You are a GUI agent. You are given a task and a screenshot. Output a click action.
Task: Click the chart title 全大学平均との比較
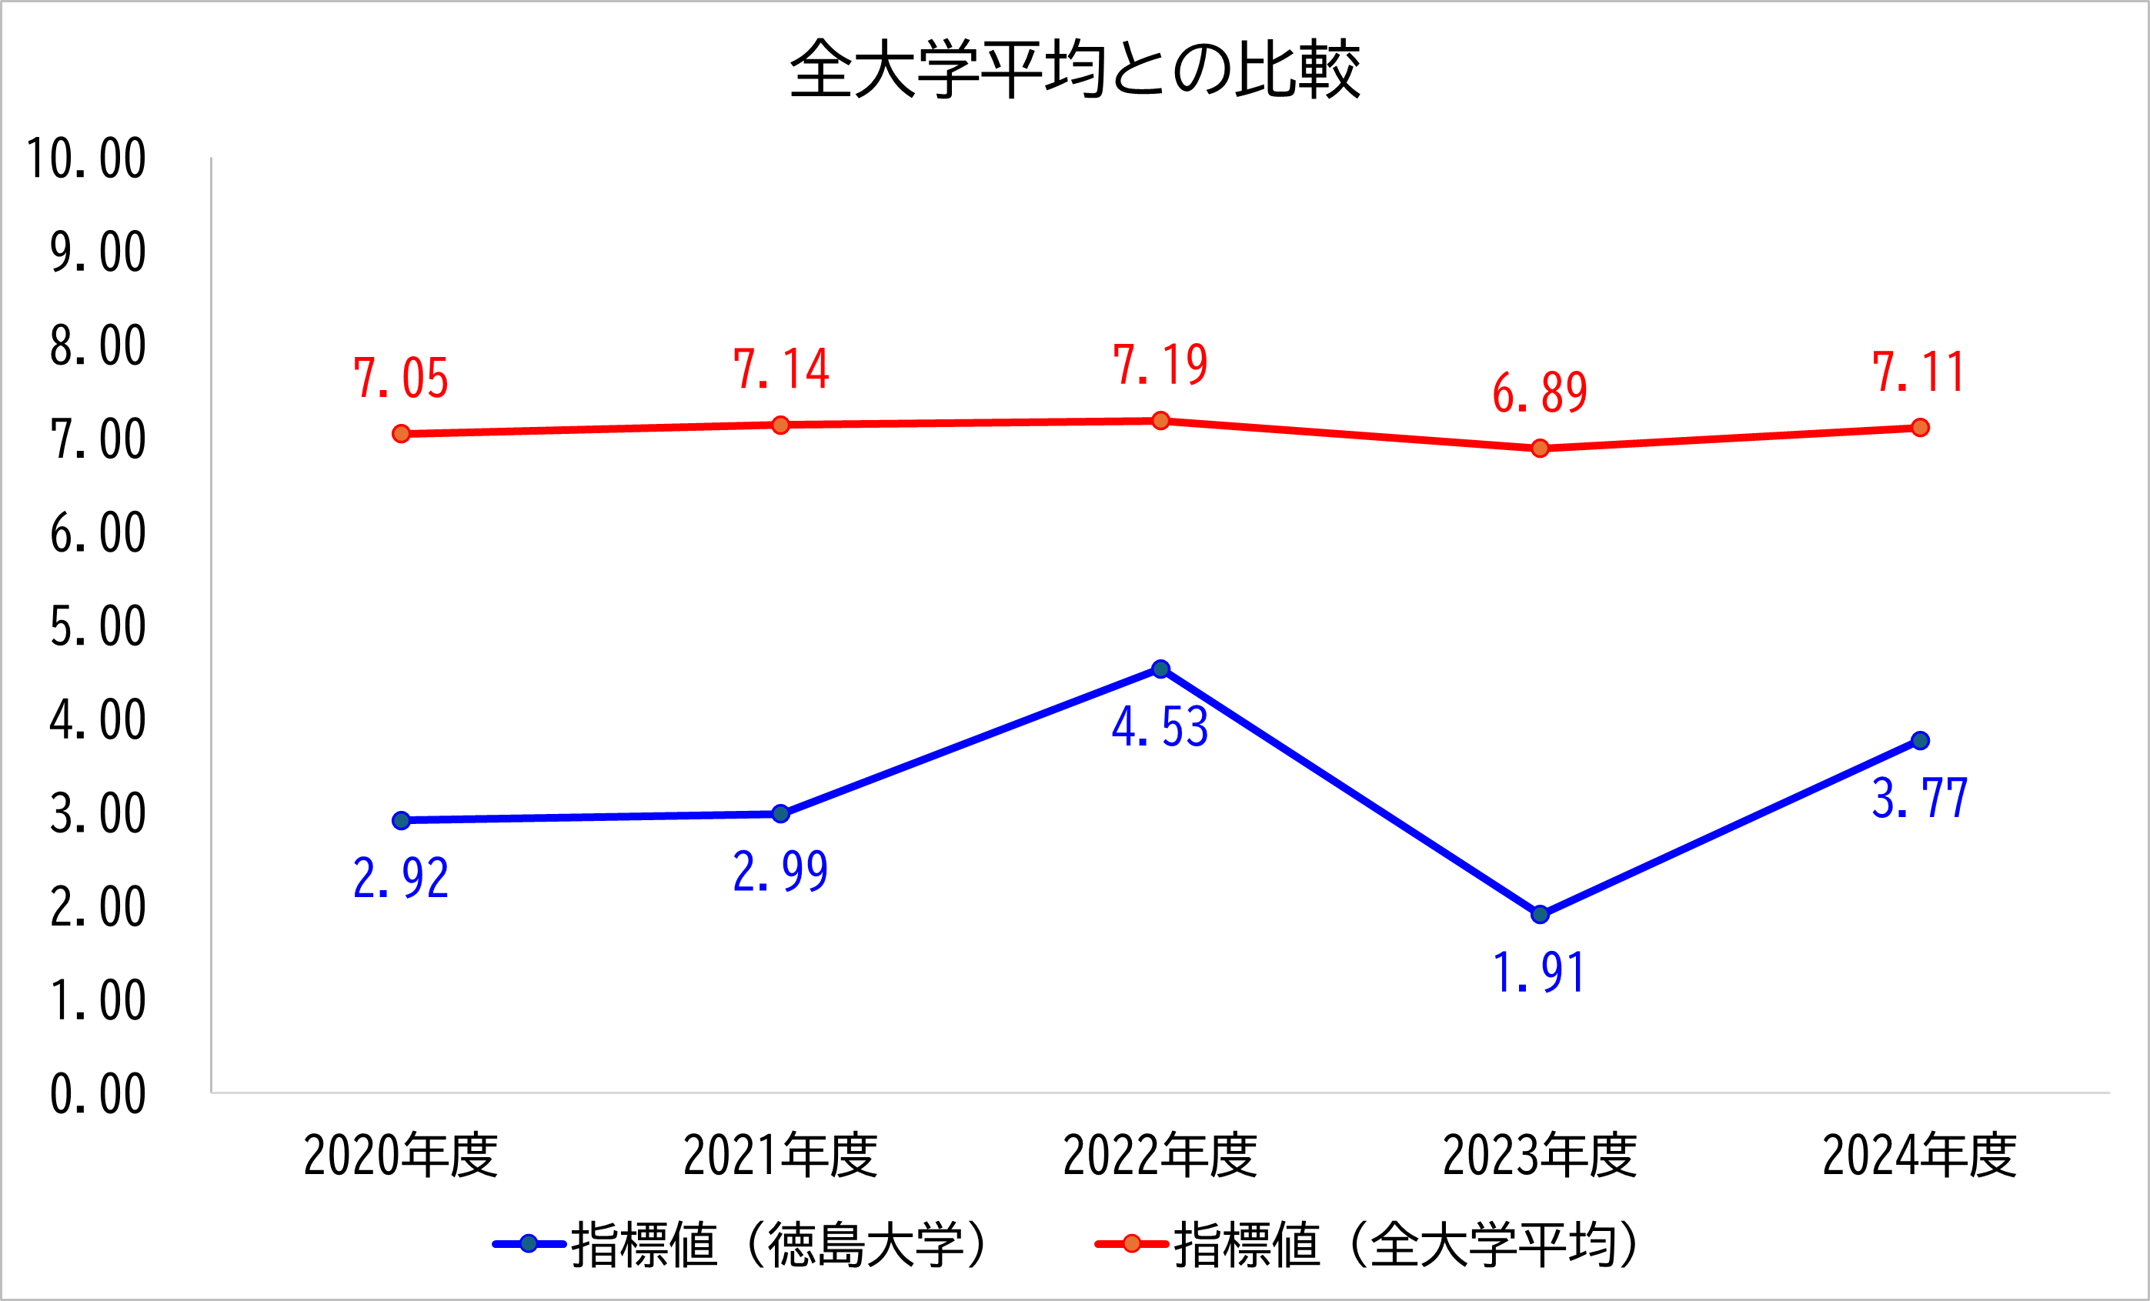[1075, 68]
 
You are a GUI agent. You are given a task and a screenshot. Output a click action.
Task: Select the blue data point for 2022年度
[1160, 669]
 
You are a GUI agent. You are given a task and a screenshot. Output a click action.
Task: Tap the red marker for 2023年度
[1540, 449]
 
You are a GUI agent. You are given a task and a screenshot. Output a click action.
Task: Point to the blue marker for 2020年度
[402, 820]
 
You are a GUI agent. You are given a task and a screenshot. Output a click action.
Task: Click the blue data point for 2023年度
[1540, 915]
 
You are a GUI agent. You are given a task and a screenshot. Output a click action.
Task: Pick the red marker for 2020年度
[402, 434]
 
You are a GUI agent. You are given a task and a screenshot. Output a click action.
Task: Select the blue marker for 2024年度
[1920, 741]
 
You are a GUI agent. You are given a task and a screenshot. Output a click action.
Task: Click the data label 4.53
[1160, 726]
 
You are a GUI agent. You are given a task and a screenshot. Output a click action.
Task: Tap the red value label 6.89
[1540, 392]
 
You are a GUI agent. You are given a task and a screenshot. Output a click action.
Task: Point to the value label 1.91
[1540, 973]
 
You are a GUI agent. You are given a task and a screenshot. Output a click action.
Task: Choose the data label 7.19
[1160, 365]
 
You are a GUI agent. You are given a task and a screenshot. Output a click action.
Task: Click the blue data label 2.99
[781, 871]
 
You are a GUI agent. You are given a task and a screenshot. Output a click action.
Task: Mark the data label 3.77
[1920, 798]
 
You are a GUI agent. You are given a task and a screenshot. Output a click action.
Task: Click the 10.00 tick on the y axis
[86, 158]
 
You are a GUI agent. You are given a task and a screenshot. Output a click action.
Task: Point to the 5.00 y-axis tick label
[98, 626]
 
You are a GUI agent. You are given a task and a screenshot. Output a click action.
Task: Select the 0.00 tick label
[98, 1094]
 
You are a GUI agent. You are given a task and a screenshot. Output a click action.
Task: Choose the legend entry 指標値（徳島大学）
[742, 1244]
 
